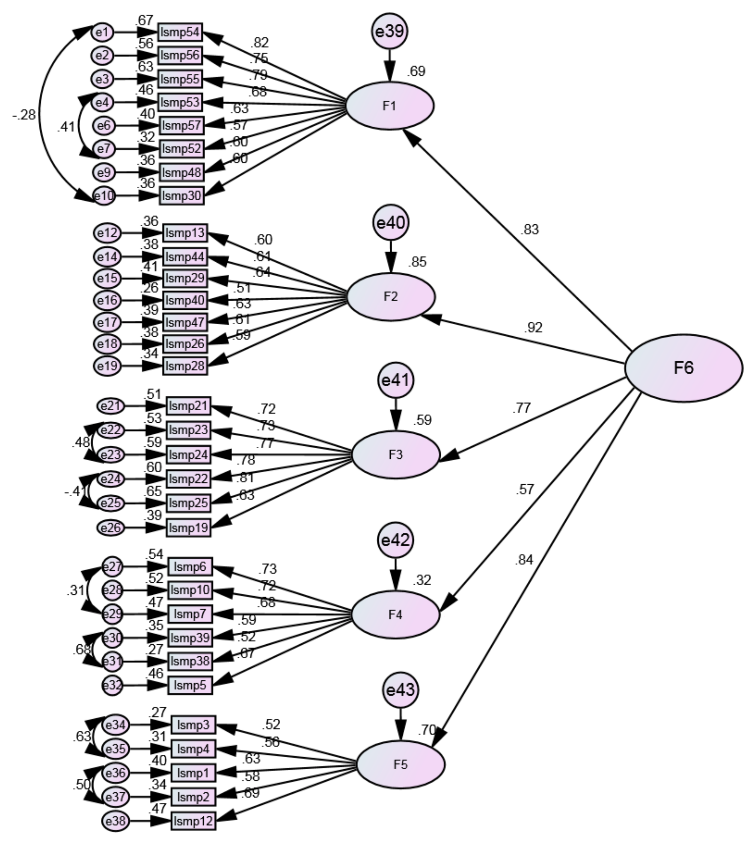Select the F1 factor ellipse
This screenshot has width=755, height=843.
click(x=390, y=106)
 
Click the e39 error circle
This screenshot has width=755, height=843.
click(x=390, y=31)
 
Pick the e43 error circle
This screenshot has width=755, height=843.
click(x=400, y=690)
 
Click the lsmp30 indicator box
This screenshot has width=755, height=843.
click(x=182, y=196)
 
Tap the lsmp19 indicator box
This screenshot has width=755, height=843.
click(x=189, y=528)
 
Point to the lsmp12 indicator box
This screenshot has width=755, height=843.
click(x=193, y=821)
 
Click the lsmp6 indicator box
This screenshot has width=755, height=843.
click(x=190, y=567)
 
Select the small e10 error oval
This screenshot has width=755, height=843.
click(x=104, y=196)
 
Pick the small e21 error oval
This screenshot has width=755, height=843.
click(x=111, y=406)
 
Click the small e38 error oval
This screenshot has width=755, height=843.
click(x=116, y=821)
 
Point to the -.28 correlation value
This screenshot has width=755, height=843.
click(x=24, y=115)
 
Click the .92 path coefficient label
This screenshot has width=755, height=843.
click(x=533, y=327)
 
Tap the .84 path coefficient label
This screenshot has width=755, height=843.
click(x=524, y=560)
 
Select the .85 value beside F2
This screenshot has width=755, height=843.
click(x=417, y=262)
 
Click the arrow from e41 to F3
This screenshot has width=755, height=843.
click(x=396, y=414)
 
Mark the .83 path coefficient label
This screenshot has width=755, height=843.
click(x=530, y=229)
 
